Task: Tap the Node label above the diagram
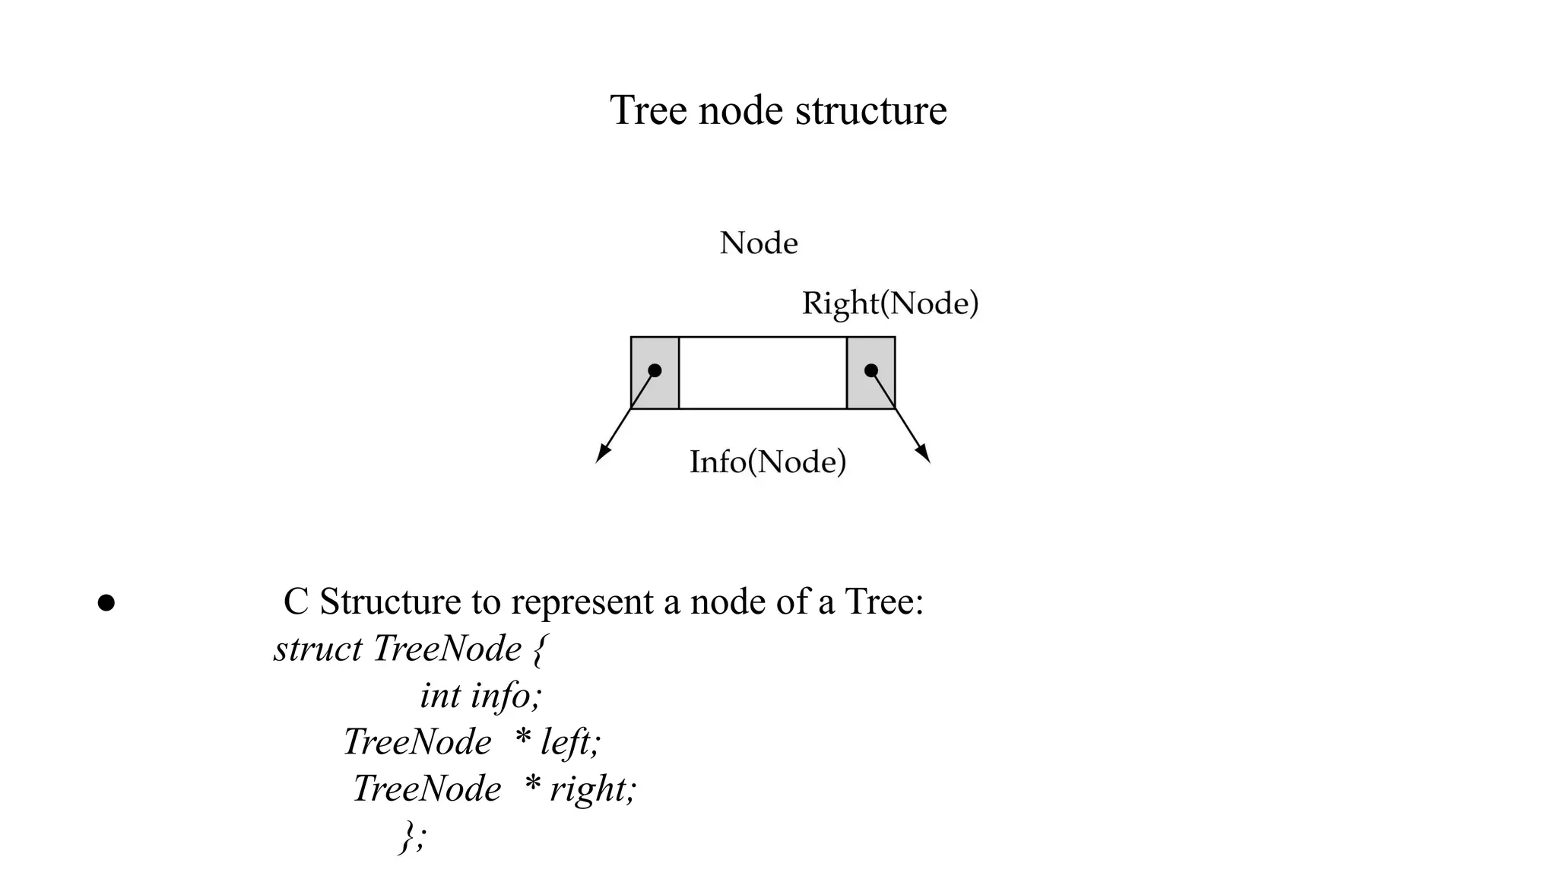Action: point(759,243)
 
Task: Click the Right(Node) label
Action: point(890,303)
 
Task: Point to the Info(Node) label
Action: point(768,462)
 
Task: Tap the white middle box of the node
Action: point(763,373)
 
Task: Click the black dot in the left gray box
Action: point(655,370)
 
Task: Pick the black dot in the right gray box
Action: point(871,370)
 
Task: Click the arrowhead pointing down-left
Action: point(603,453)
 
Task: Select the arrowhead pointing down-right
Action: point(923,453)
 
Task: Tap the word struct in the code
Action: point(318,649)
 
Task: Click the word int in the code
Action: point(440,696)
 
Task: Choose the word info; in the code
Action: point(506,696)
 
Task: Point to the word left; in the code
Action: point(570,742)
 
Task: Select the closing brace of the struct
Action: point(408,836)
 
